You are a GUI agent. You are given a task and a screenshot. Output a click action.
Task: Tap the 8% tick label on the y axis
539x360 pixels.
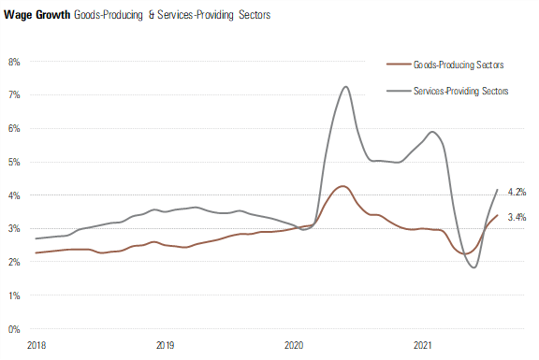(14, 62)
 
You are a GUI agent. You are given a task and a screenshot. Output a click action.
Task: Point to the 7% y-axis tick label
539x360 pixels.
(14, 95)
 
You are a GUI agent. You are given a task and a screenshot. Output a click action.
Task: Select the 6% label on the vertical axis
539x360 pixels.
(14, 129)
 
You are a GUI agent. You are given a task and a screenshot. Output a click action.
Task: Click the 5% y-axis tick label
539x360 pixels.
(14, 162)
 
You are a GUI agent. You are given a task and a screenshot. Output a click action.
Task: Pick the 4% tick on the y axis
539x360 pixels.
(14, 195)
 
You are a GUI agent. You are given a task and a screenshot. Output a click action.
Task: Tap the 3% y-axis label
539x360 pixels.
(14, 229)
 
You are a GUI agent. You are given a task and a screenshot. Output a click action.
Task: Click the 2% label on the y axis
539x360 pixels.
(14, 263)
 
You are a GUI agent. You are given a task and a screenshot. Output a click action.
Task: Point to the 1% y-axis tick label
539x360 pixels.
(14, 295)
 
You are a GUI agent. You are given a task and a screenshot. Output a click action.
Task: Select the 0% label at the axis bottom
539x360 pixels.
(14, 329)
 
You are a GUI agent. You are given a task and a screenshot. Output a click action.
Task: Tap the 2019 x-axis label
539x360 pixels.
(165, 345)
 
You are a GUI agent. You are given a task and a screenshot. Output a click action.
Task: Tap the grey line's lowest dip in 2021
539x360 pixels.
(473, 267)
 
